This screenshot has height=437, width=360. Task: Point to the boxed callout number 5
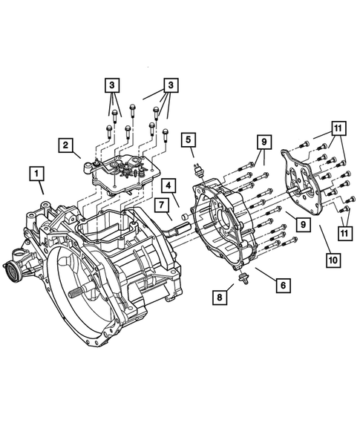189,139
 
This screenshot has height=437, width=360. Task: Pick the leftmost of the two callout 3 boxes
112,86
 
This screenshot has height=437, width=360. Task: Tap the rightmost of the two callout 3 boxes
171,86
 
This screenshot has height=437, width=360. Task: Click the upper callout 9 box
263,140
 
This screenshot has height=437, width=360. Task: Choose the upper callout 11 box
337,129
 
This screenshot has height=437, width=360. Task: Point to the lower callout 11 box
344,232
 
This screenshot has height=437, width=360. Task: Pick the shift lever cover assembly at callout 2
121,174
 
